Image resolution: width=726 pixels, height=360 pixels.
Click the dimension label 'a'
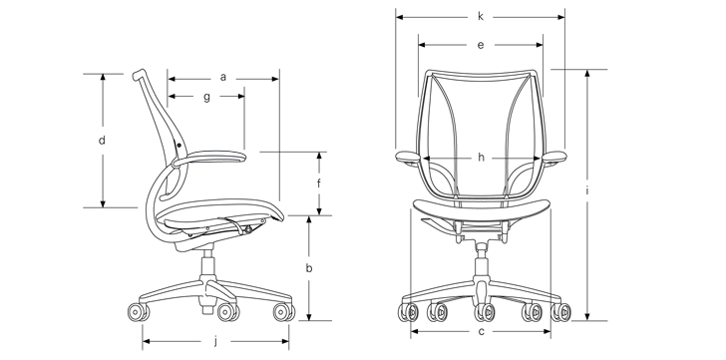[223, 76]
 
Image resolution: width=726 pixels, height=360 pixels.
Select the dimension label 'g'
[206, 97]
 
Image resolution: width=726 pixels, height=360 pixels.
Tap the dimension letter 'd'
[102, 141]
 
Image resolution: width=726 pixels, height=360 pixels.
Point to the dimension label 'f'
[319, 183]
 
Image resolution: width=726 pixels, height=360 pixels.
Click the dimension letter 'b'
[310, 268]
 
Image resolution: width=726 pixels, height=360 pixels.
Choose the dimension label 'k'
[481, 17]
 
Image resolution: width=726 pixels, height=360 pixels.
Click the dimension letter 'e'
[481, 45]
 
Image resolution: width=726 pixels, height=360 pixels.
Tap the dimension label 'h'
[481, 158]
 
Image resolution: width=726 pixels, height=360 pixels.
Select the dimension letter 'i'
[589, 189]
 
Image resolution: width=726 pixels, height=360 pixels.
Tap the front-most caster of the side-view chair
[283, 313]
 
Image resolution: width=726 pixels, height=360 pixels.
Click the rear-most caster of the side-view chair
[138, 314]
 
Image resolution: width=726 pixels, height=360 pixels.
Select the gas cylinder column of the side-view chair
[208, 265]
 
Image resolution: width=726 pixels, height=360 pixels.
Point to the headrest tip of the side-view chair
[138, 75]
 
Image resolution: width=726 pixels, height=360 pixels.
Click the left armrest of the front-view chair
[409, 157]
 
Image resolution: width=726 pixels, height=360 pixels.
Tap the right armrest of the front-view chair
[554, 157]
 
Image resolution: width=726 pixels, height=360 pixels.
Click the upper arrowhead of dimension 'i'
[589, 74]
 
